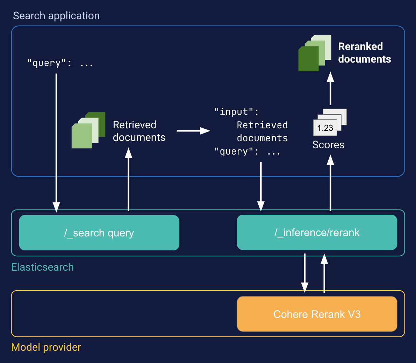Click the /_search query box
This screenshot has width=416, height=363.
(x=99, y=233)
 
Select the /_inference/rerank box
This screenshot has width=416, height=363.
(x=317, y=232)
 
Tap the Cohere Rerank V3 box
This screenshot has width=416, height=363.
(x=317, y=314)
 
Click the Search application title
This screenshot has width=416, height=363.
(x=56, y=16)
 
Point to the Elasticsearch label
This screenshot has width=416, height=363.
(x=42, y=267)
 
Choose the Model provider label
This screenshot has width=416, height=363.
(x=46, y=347)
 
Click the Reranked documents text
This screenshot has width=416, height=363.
(x=364, y=53)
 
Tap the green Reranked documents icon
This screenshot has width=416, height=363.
(x=314, y=53)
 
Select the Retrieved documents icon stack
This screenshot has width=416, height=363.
(x=88, y=130)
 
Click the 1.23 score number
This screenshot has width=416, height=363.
(x=325, y=128)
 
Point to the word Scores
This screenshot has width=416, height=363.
(x=328, y=145)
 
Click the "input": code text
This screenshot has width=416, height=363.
(x=237, y=112)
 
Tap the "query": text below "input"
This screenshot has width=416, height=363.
(x=247, y=152)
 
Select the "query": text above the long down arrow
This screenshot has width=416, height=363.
(x=60, y=63)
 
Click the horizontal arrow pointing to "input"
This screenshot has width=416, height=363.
(x=193, y=131)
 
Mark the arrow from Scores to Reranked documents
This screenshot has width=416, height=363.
(x=330, y=89)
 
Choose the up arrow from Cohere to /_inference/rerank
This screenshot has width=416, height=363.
(x=324, y=273)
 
